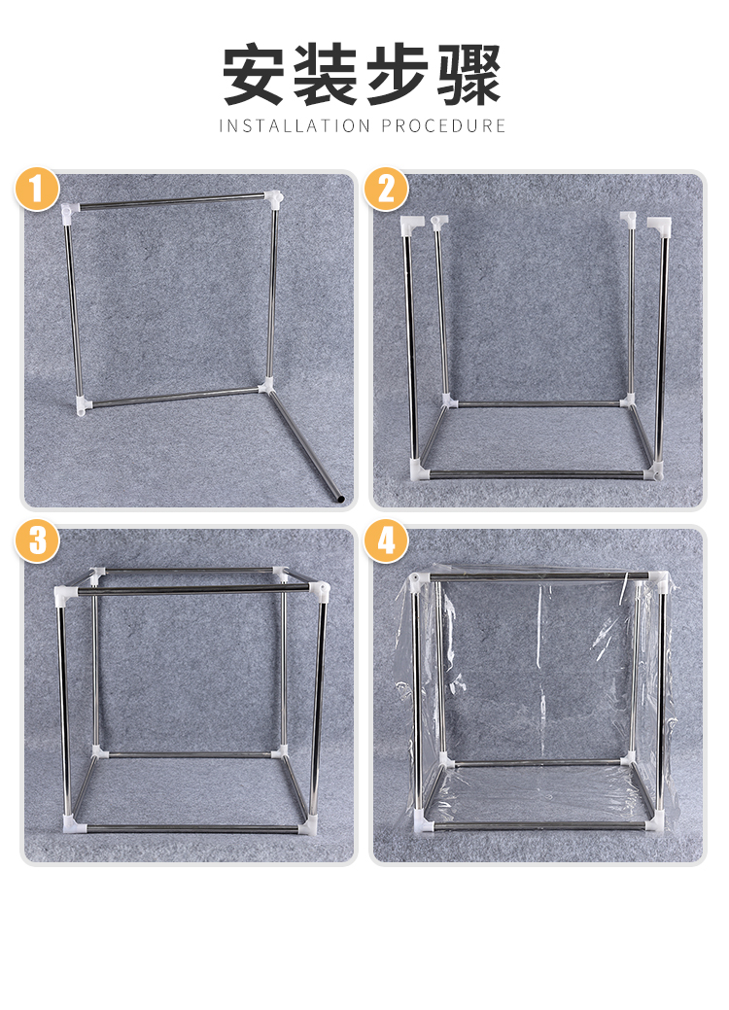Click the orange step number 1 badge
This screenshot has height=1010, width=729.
pyautogui.click(x=37, y=190)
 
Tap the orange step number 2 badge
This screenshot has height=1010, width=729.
pyautogui.click(x=386, y=190)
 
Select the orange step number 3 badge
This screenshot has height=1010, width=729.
pyautogui.click(x=37, y=540)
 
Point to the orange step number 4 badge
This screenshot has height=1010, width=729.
pyautogui.click(x=386, y=540)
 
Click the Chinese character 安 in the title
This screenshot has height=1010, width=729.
pyautogui.click(x=254, y=74)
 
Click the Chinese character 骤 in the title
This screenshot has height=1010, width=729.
pyautogui.click(x=469, y=74)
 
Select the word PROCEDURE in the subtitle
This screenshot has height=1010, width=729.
pyautogui.click(x=443, y=125)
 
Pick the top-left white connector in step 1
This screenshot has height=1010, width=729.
pyautogui.click(x=70, y=211)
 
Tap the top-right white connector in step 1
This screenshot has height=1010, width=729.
pyautogui.click(x=274, y=197)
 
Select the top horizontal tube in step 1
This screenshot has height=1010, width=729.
pyautogui.click(x=172, y=202)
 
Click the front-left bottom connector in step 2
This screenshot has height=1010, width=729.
pyautogui.click(x=419, y=470)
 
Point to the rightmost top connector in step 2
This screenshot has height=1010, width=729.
pyautogui.click(x=659, y=225)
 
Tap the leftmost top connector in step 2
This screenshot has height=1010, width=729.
pyautogui.click(x=411, y=225)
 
